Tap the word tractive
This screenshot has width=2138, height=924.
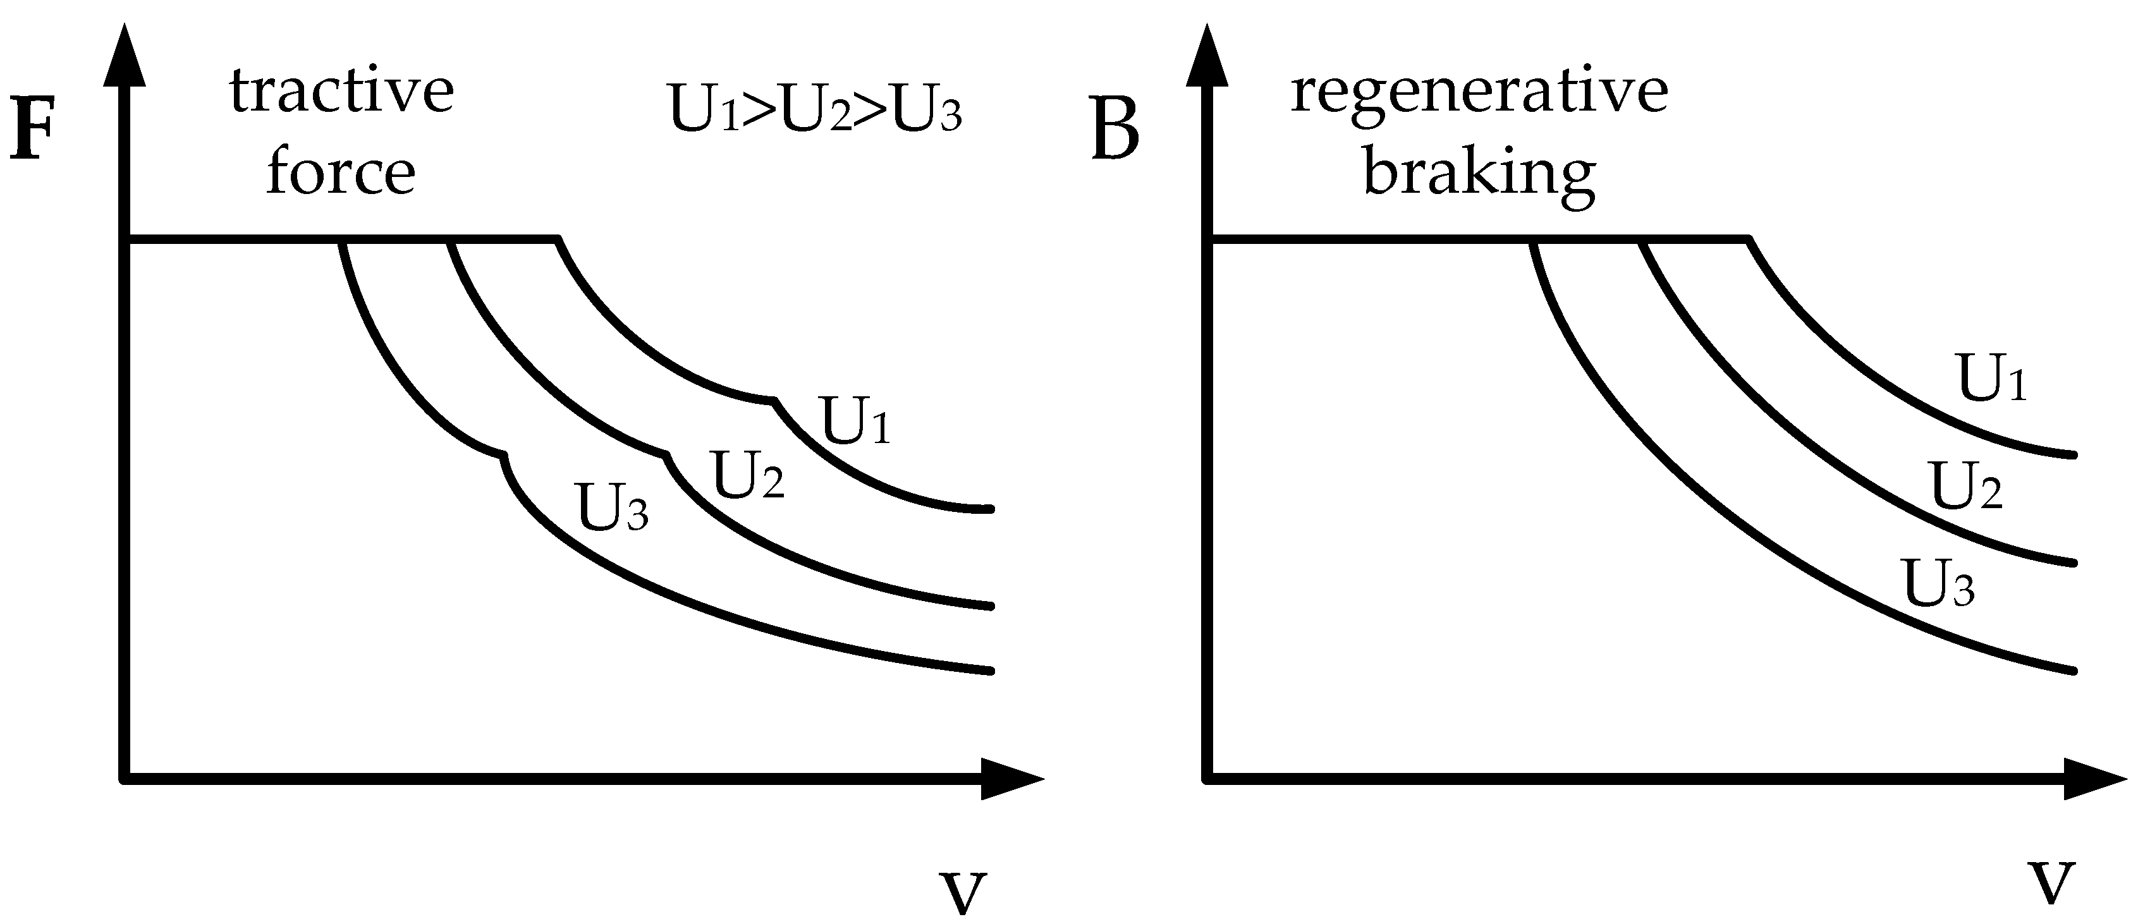pos(342,92)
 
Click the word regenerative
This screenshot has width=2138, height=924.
pos(1479,92)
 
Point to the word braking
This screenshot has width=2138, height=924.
pos(1479,175)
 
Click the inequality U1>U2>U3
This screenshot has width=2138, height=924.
pos(814,114)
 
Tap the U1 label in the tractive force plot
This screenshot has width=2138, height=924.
pos(855,422)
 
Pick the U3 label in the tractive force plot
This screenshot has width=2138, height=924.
pos(613,508)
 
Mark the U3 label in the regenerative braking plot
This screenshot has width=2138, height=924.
pos(1938,585)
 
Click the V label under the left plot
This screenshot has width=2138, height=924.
pos(963,892)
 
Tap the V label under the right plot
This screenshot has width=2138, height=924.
pos(2051,884)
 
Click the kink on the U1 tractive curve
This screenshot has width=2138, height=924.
pos(774,401)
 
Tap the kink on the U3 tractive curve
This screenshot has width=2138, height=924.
pos(504,456)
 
